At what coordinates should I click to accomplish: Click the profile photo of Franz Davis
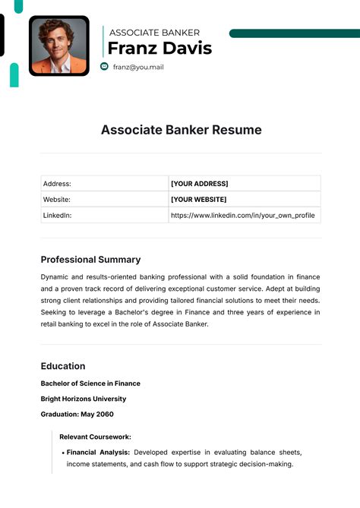(58, 46)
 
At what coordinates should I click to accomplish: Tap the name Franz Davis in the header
(159, 49)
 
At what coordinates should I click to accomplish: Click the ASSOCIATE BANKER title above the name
(154, 33)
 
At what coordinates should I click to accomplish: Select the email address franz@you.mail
(138, 67)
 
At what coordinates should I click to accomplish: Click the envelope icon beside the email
(105, 67)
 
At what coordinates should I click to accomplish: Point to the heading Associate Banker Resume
(181, 130)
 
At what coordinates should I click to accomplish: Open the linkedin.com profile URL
(242, 216)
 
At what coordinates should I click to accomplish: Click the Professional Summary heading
(90, 259)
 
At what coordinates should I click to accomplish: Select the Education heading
(63, 365)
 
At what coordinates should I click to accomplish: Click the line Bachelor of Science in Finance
(90, 383)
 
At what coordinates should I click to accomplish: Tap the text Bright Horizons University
(84, 399)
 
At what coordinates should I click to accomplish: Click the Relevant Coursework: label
(96, 437)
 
